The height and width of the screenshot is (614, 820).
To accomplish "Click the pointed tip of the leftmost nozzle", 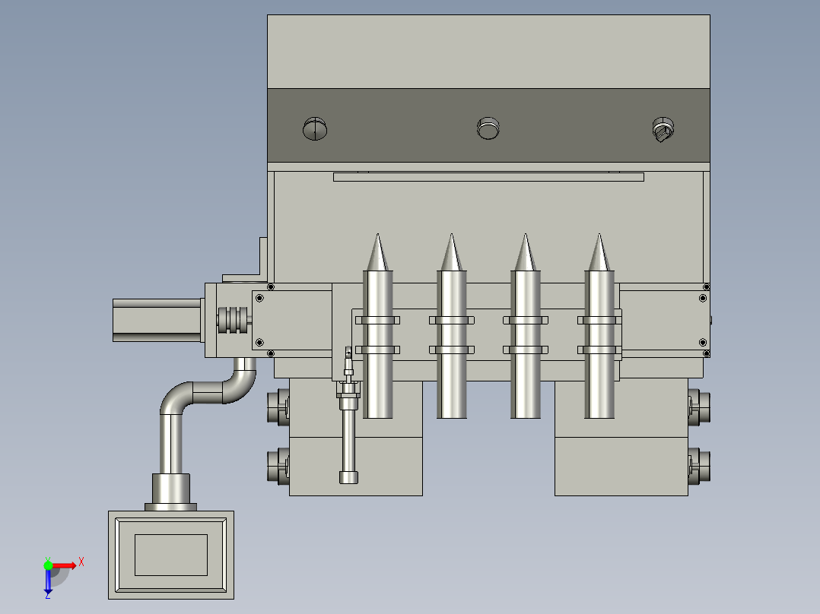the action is (377, 235).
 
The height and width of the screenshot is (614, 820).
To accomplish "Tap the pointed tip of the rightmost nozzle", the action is (599, 235).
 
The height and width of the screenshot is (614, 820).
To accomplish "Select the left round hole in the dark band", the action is (315, 128).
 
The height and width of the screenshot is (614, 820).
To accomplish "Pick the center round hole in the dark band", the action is (488, 128).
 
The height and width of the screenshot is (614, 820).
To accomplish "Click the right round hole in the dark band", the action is (663, 129).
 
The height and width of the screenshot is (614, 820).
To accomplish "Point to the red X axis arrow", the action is (64, 565).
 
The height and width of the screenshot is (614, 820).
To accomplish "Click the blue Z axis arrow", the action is (48, 581).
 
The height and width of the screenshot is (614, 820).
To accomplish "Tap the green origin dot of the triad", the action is (48, 565).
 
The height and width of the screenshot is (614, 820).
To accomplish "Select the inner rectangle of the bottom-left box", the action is (171, 555).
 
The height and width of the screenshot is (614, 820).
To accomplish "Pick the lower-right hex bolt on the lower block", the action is (698, 466).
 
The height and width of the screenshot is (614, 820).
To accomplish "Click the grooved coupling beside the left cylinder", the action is (232, 319).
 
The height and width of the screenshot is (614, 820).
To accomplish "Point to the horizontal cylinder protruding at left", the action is (157, 320).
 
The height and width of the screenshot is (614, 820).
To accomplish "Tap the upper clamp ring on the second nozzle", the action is (451, 321).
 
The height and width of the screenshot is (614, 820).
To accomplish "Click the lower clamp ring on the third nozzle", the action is (526, 350).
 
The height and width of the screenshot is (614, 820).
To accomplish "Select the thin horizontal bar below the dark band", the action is (488, 177).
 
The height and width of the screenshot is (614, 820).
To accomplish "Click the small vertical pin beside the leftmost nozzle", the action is (348, 416).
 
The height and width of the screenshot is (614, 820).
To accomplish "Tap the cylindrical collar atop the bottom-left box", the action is (171, 489).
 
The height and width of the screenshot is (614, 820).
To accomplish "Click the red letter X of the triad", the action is (81, 562).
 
